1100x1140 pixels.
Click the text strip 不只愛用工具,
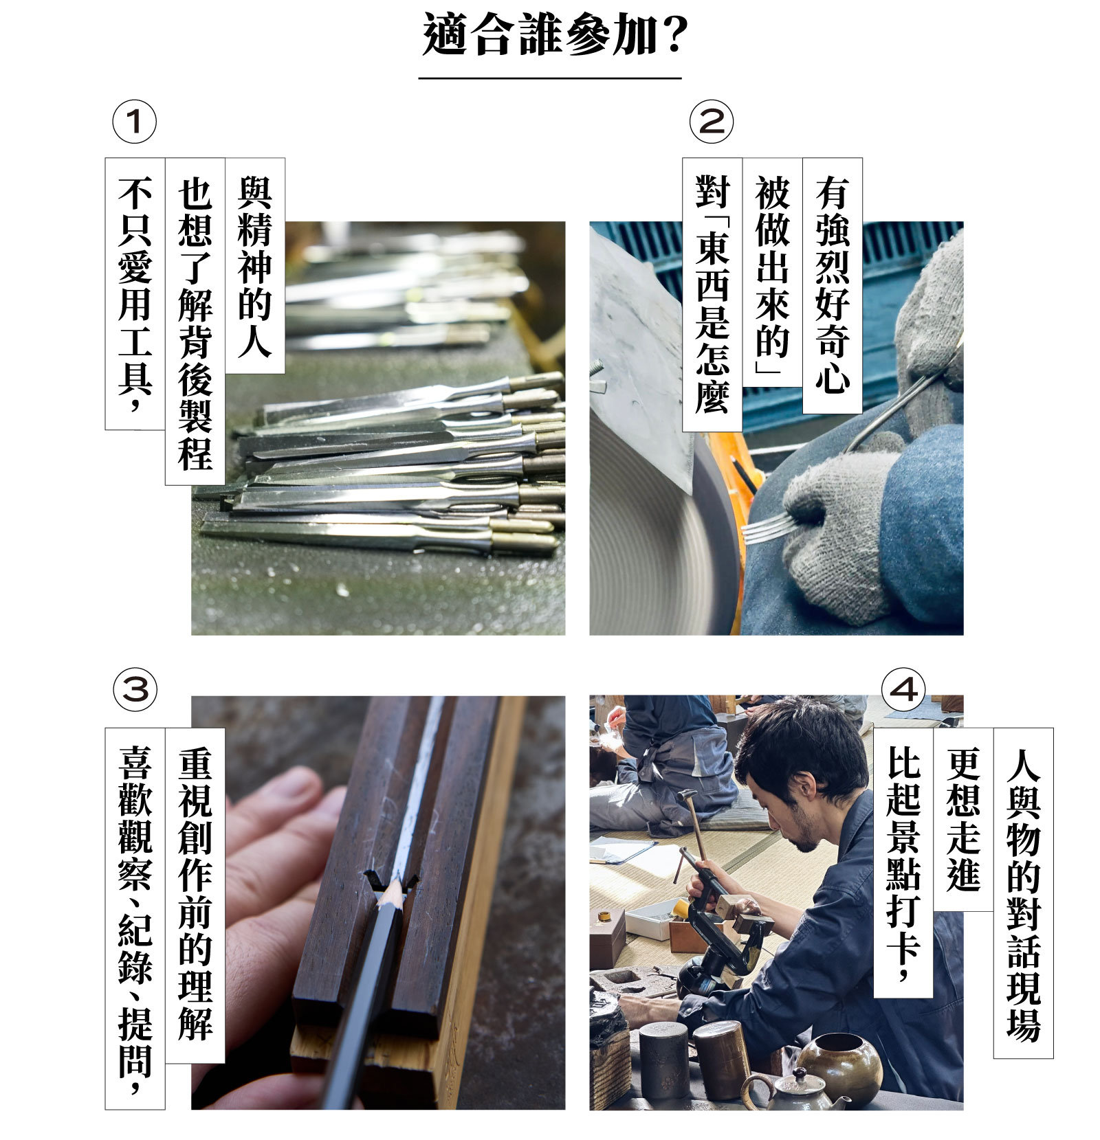point(135,294)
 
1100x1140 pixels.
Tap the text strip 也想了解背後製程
point(195,322)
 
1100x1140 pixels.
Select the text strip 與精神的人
point(255,266)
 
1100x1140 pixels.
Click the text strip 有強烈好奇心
point(833,285)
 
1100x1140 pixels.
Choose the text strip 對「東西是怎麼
point(712,294)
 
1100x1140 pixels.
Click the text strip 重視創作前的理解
point(195,895)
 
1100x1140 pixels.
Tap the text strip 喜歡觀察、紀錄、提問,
point(135,919)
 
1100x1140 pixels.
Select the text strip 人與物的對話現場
point(1023,893)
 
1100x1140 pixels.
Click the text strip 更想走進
point(963,820)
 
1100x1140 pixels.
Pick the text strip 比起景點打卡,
point(903,863)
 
